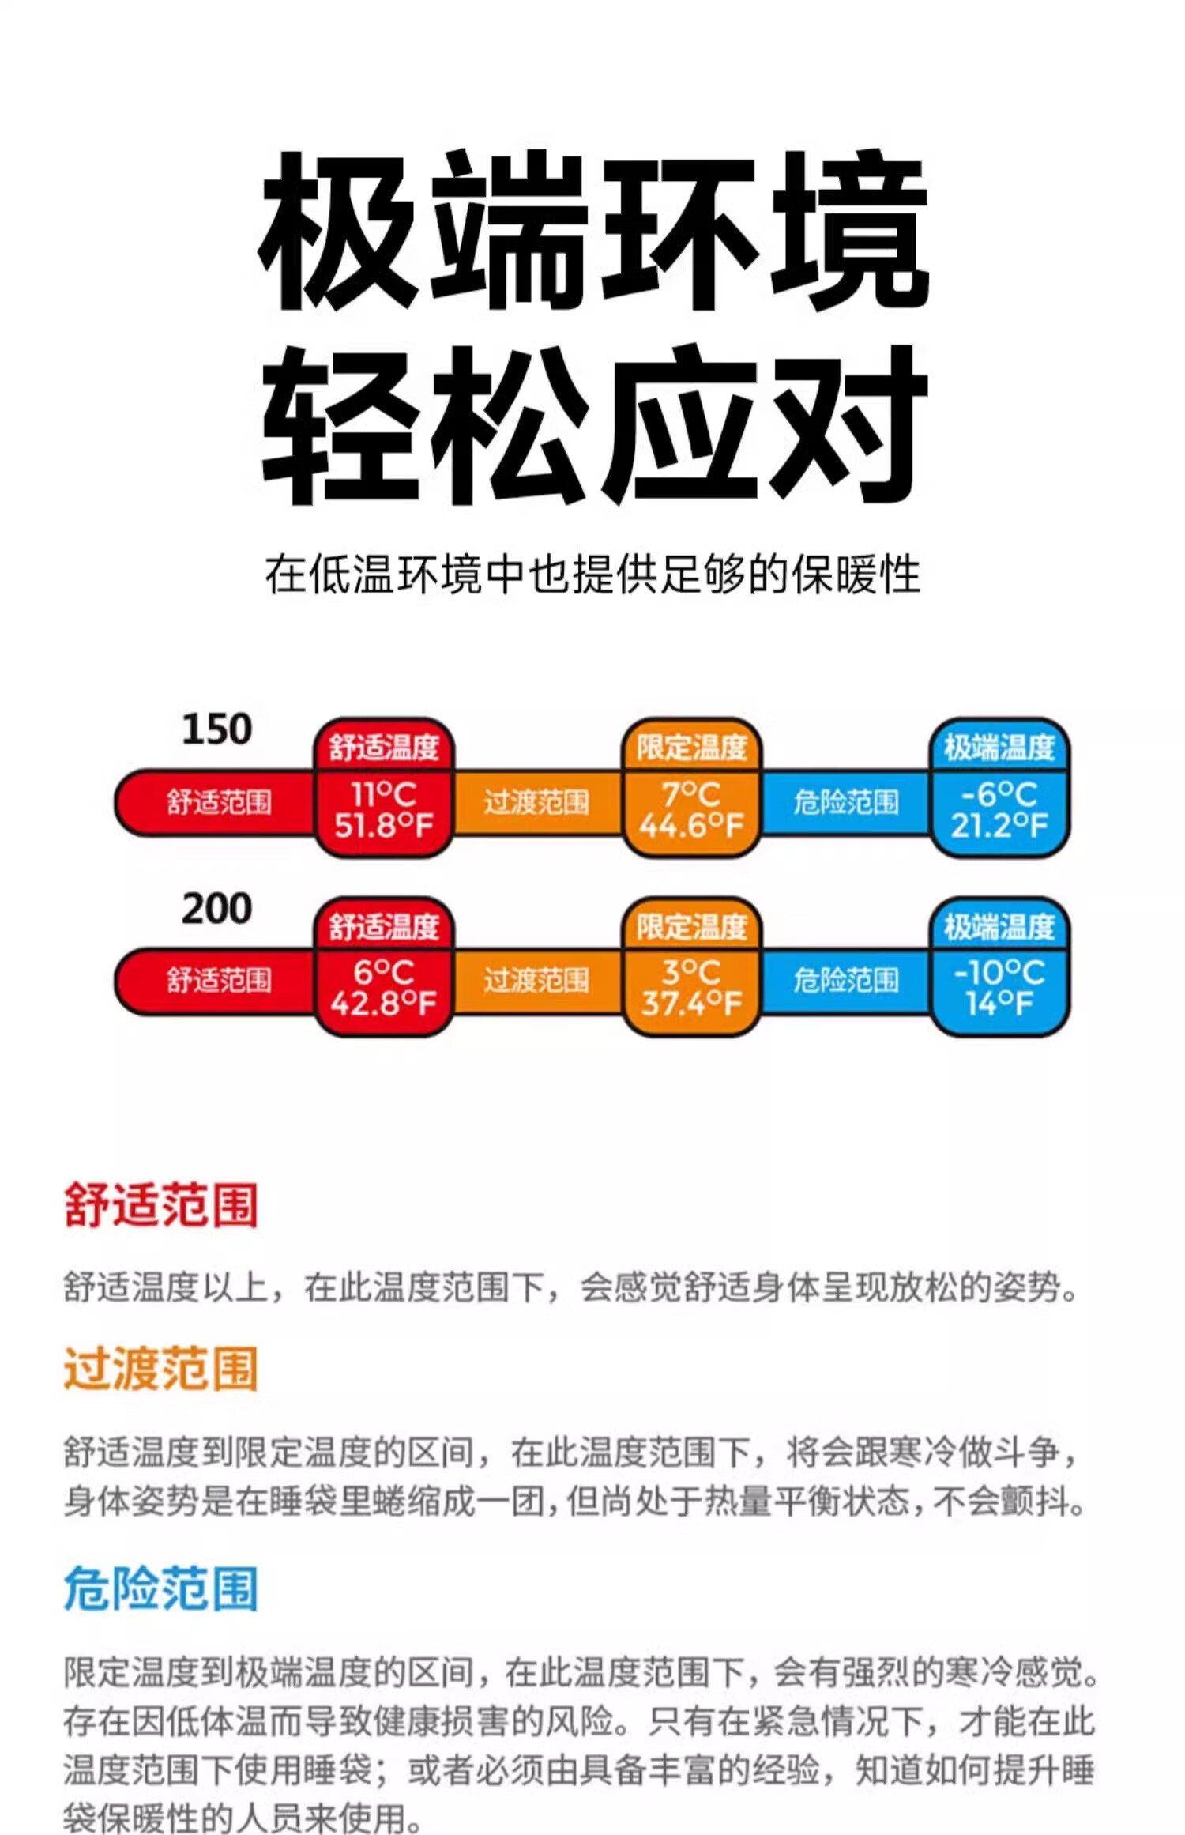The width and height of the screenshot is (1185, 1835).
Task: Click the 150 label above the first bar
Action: pyautogui.click(x=216, y=729)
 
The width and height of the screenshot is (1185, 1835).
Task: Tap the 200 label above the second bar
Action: pyautogui.click(x=216, y=909)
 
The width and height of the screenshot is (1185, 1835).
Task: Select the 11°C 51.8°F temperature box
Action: pyautogui.click(x=384, y=811)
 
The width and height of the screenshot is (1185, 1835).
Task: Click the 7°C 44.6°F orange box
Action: pyautogui.click(x=691, y=811)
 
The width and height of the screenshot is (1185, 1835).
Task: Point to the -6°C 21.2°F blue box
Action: pyautogui.click(x=999, y=811)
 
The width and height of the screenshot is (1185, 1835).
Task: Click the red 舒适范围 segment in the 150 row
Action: pyautogui.click(x=218, y=803)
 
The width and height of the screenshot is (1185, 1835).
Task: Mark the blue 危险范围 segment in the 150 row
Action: pyautogui.click(x=846, y=803)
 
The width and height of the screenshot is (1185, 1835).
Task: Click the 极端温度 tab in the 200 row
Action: pyautogui.click(x=999, y=927)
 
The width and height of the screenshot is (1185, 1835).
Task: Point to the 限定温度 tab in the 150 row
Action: pyautogui.click(x=691, y=748)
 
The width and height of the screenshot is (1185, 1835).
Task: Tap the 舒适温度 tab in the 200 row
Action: pyautogui.click(x=384, y=927)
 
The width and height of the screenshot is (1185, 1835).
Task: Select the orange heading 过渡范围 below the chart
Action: pyautogui.click(x=161, y=1370)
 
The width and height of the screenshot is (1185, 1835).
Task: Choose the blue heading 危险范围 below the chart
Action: pyautogui.click(x=161, y=1589)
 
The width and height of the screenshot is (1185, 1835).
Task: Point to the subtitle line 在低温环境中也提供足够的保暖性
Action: pyautogui.click(x=592, y=575)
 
